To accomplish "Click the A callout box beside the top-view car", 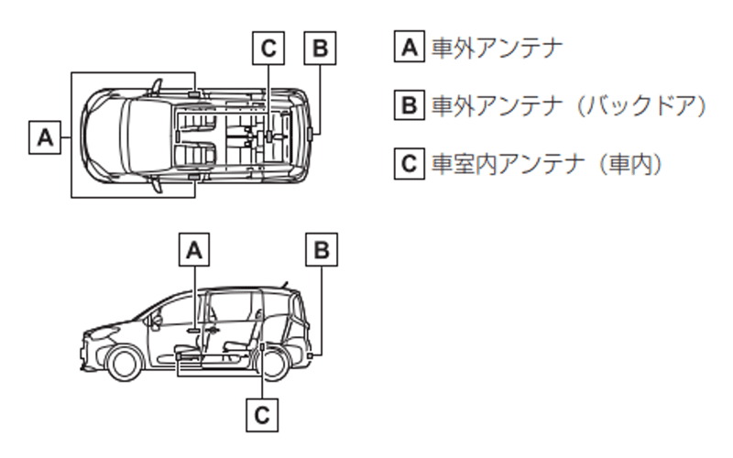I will click(x=43, y=138).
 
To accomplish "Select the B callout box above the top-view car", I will click(x=320, y=49).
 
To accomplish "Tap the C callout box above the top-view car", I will click(x=268, y=49).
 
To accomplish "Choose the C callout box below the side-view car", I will click(x=262, y=415).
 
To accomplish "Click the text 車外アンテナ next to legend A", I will click(x=496, y=48).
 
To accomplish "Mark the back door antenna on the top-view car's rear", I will click(x=312, y=131).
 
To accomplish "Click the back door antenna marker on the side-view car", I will click(x=312, y=354).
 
